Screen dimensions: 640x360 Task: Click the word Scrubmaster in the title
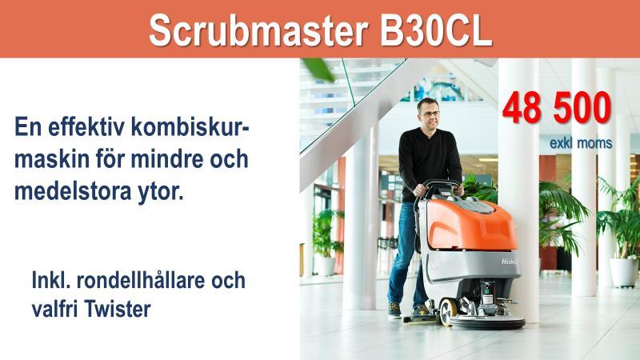coord(258,31)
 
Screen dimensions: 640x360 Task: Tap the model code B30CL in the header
coord(436,31)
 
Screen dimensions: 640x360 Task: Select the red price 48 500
coord(557,108)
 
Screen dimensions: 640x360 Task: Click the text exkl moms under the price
coord(581,143)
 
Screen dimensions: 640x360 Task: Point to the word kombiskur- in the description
coord(190,126)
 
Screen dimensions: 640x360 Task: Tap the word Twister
coord(118,309)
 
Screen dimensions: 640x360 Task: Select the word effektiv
coord(86,126)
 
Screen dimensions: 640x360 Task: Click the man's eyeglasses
coord(430,114)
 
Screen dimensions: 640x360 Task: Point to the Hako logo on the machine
coord(509,262)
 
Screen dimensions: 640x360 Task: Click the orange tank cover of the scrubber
coord(471,225)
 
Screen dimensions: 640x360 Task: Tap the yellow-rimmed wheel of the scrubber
coord(447,312)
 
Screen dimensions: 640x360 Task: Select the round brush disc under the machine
coord(487,322)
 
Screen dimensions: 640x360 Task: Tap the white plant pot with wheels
coord(623,272)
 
